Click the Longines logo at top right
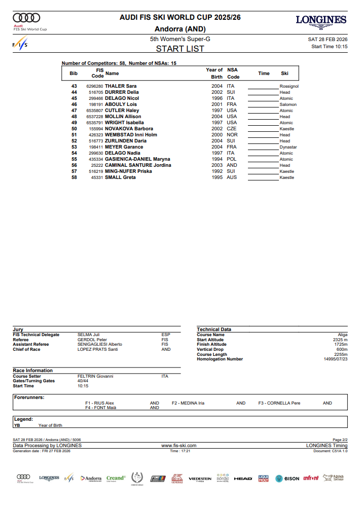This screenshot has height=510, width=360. pyautogui.click(x=321, y=20)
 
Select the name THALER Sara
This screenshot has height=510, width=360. pyautogui.click(x=121, y=86)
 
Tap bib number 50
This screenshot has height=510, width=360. pyautogui.click(x=74, y=129)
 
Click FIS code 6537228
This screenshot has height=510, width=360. pyautogui.click(x=94, y=117)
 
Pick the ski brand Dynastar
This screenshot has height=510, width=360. pyautogui.click(x=288, y=147)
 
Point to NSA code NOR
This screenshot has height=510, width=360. pyautogui.click(x=232, y=135)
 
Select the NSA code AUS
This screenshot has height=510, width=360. pyautogui.click(x=232, y=177)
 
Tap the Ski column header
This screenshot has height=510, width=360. pyautogui.click(x=284, y=74)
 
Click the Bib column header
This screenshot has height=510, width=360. pyautogui.click(x=74, y=74)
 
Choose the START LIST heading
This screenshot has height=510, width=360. pyautogui.click(x=180, y=49)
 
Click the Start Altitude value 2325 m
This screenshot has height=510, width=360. pyautogui.click(x=339, y=340)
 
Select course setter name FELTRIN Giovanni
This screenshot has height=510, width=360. pyautogui.click(x=95, y=376)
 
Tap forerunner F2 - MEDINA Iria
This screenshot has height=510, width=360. pyautogui.click(x=188, y=403)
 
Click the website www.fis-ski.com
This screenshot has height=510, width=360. pyautogui.click(x=178, y=445)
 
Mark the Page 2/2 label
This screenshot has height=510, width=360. pyautogui.click(x=340, y=440)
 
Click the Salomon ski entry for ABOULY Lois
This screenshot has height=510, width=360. pyautogui.click(x=288, y=104)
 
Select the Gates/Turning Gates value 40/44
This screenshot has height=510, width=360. pyautogui.click(x=83, y=381)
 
